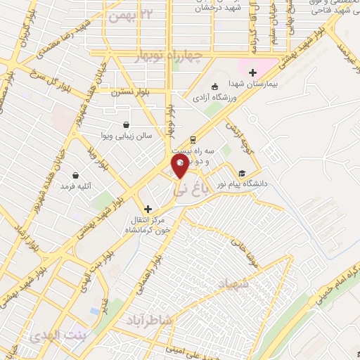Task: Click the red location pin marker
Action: (180, 167)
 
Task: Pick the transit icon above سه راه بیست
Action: (192, 140)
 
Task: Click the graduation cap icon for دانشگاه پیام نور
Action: (242, 173)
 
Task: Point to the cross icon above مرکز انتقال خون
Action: (148, 209)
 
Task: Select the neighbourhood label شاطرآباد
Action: (149, 320)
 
